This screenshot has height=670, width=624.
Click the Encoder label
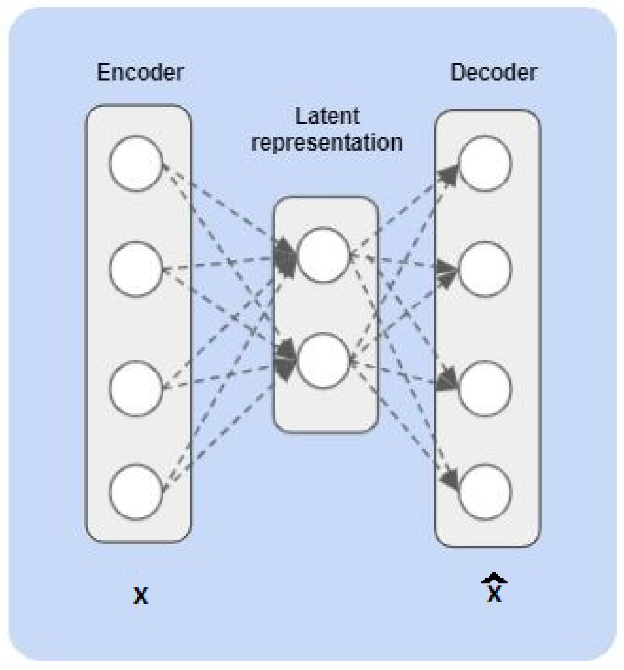tap(140, 72)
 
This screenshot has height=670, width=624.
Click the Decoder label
tap(493, 72)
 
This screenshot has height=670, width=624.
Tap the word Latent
tap(327, 116)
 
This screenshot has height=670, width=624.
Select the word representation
tap(327, 142)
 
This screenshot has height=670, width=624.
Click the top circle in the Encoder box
tap(136, 164)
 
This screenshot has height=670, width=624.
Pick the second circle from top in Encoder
tap(136, 269)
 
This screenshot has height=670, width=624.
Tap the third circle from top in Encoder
tap(136, 388)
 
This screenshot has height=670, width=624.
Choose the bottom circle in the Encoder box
tap(136, 492)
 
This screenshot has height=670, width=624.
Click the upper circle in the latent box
tap(324, 255)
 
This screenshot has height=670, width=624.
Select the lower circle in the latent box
tap(324, 360)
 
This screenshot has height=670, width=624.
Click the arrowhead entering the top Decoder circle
tap(449, 176)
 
